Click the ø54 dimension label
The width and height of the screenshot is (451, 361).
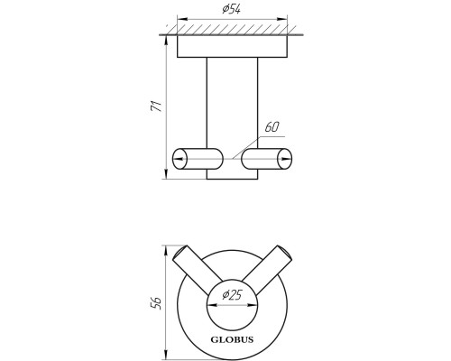232,9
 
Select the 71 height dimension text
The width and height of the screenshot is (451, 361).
156,106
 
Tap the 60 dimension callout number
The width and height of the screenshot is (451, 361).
272,127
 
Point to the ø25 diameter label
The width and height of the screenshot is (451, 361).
232,295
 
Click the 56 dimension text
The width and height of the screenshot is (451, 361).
156,303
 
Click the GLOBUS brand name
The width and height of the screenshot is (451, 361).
232,340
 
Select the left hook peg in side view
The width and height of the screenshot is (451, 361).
198,159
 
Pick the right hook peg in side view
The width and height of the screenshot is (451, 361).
266,159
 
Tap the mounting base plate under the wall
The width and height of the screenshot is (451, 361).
232,46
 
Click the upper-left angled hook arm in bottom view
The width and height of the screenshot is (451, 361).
197,270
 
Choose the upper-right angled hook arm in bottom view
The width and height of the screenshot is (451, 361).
267,270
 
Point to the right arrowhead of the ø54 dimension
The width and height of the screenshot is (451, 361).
282,19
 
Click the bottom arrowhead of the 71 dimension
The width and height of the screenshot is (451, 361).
166,174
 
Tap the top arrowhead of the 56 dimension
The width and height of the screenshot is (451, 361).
166,250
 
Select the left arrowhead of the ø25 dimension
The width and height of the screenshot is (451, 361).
212,305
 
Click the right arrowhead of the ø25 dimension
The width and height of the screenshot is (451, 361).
253,305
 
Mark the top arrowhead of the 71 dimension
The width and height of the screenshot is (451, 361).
166,40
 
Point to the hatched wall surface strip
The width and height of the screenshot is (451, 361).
232,30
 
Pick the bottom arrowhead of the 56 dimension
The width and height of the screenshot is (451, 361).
166,355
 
